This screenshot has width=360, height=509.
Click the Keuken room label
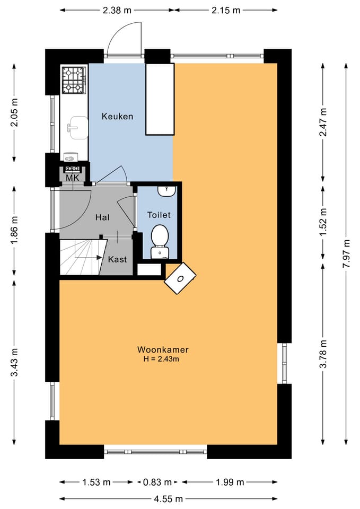(x=117, y=116)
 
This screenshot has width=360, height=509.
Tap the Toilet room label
(x=159, y=215)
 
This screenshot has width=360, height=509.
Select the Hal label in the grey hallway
(x=102, y=217)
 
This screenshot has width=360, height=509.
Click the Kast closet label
(x=117, y=259)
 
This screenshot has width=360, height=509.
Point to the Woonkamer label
(x=163, y=349)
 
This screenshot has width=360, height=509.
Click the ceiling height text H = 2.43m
(x=161, y=359)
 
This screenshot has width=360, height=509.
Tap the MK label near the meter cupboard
(x=73, y=178)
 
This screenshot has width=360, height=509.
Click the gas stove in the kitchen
(x=74, y=80)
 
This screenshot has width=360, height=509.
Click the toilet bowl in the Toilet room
(x=160, y=241)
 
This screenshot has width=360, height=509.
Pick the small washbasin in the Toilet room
(x=166, y=191)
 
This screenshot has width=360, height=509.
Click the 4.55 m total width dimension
(x=168, y=498)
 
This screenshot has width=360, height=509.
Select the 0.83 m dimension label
(x=157, y=482)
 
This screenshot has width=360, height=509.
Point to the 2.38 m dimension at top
(x=117, y=11)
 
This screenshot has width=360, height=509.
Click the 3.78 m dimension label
(x=323, y=354)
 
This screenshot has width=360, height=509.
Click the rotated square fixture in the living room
(x=180, y=278)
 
